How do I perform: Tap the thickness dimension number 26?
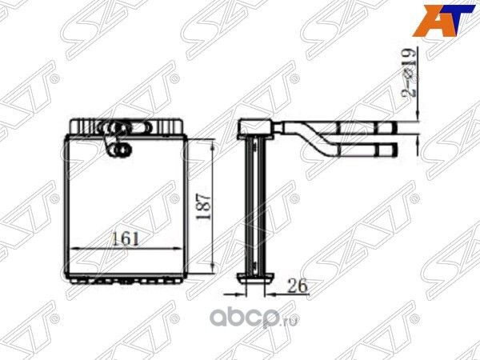(295, 285)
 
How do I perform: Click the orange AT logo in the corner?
(438, 21)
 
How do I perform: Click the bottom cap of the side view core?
(256, 275)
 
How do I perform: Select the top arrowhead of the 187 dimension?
(213, 142)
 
